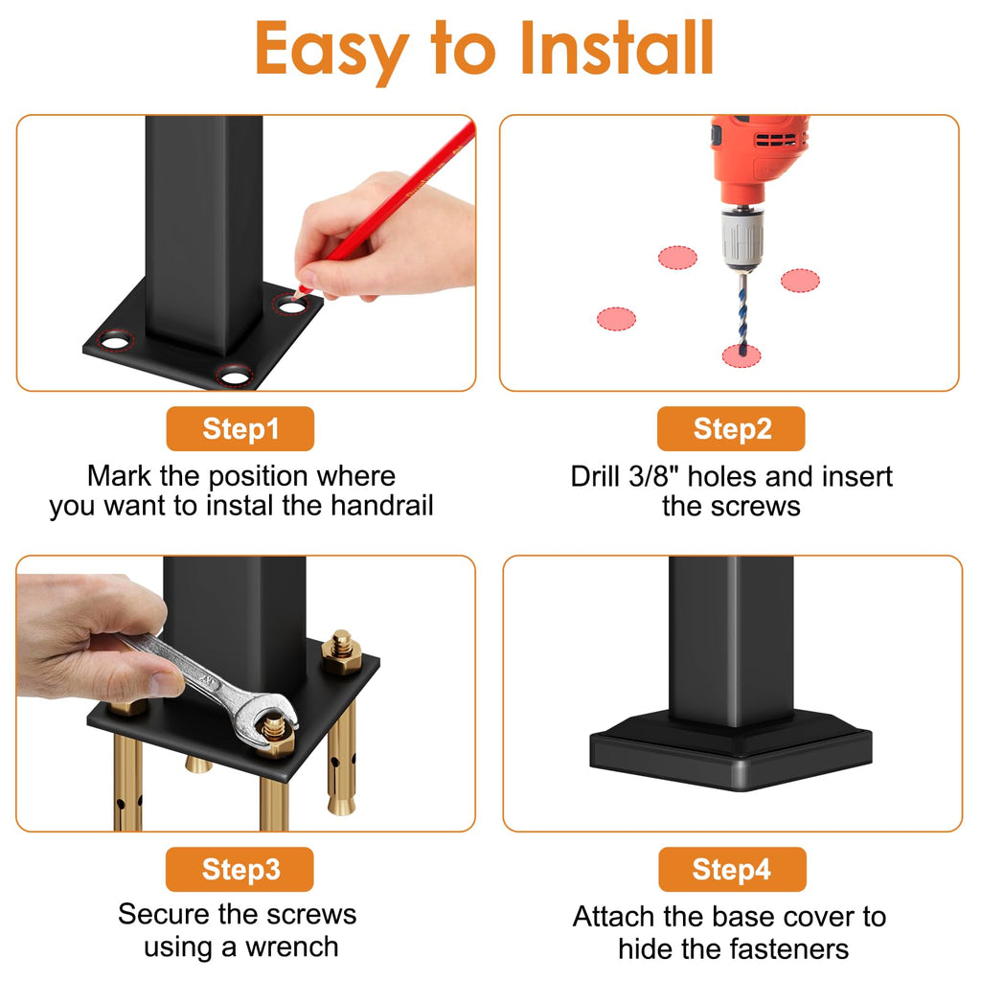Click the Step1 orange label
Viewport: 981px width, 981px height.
[x=240, y=428]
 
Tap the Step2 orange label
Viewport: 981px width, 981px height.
[x=731, y=428]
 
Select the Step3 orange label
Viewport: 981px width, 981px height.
[x=240, y=869]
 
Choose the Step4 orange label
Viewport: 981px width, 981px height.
[x=732, y=869]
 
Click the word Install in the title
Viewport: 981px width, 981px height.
[x=617, y=48]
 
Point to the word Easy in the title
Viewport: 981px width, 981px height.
[x=331, y=52]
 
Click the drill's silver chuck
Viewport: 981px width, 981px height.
[x=742, y=239]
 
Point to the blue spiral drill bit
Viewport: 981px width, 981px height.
[x=742, y=313]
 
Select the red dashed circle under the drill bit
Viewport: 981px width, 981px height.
[x=741, y=356]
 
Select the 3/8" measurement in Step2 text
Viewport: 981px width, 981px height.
[x=653, y=477]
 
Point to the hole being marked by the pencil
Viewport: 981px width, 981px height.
[x=291, y=307]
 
